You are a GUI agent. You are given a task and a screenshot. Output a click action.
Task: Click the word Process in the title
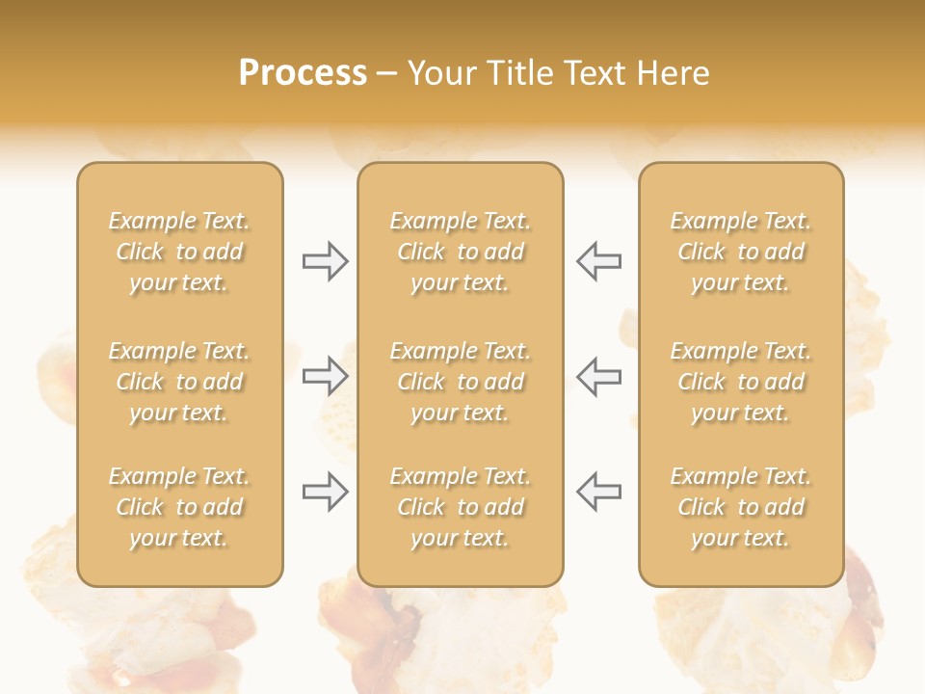coord(303,73)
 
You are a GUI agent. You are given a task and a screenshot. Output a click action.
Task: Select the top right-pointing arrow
coord(326,261)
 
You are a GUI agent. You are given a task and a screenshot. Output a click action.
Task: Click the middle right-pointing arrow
coord(326,376)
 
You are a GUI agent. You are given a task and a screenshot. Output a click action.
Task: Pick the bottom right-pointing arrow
coord(326,492)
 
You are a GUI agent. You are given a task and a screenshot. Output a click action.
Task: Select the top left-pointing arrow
coord(598,261)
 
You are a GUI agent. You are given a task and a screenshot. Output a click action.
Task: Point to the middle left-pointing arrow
coord(598,376)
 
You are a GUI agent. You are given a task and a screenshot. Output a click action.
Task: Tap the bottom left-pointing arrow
coord(598,492)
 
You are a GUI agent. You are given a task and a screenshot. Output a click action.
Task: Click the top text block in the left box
coord(179,252)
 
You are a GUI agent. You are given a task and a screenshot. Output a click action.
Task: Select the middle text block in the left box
coord(179,382)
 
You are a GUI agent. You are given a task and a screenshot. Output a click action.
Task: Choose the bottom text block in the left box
coord(179,507)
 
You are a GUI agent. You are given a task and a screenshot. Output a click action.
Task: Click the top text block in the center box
coord(460,252)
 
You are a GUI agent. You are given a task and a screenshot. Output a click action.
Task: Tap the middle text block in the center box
coord(460,382)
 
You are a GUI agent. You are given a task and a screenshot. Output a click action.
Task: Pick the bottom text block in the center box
coord(460,507)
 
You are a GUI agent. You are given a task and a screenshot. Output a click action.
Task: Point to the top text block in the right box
coord(741,252)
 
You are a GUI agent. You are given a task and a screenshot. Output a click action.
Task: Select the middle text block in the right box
coord(741,382)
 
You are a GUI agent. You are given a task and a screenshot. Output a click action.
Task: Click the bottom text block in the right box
coord(741,507)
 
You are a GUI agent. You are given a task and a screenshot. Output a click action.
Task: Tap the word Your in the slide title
coord(438,73)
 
